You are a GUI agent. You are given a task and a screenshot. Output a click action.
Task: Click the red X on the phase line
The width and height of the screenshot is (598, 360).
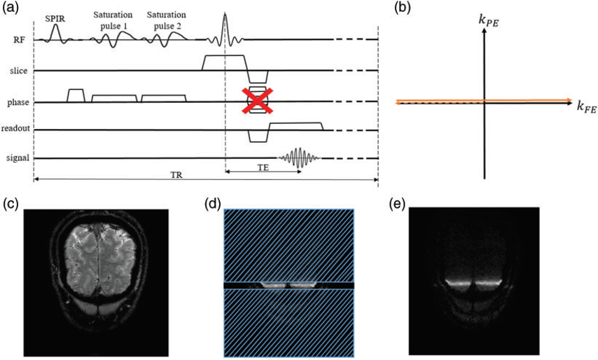[x=257, y=100]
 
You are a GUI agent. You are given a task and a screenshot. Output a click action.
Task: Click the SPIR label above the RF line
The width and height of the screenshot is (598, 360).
[x=56, y=16]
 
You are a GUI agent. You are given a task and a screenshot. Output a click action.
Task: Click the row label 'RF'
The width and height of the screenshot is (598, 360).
[x=20, y=41]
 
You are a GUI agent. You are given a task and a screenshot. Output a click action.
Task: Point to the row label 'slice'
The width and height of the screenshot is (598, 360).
[x=19, y=71]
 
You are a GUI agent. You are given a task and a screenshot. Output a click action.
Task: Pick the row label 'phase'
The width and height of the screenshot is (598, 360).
[x=18, y=102]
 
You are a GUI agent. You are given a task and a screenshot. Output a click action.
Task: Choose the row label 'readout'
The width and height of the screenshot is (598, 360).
[x=15, y=129]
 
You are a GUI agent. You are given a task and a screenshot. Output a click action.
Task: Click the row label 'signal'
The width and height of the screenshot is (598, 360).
[x=18, y=158]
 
